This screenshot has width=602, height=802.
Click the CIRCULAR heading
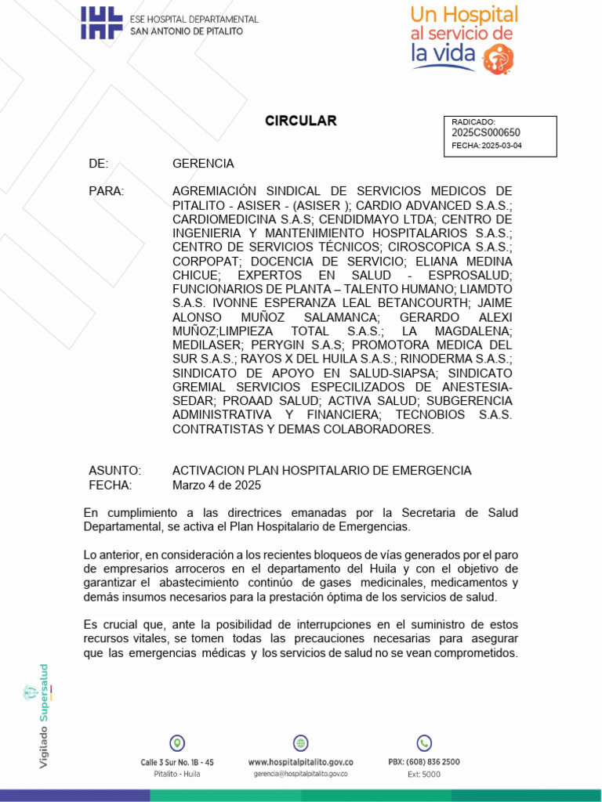300,121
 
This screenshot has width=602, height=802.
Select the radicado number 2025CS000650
486,133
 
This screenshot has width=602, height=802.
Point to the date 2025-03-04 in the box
502,146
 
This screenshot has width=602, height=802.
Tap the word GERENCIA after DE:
203,164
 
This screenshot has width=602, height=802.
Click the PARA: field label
106,191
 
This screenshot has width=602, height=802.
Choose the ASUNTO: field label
114,471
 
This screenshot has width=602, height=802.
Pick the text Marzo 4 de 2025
216,485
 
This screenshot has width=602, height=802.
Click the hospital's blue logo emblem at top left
102,23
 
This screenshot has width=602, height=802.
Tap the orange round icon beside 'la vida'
499,58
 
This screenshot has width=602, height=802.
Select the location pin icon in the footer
177,743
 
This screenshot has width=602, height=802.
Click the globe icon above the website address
300,743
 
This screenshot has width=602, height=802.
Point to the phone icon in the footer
424,743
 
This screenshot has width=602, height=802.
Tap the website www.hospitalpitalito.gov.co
300,761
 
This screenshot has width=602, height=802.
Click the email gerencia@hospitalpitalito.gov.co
300,774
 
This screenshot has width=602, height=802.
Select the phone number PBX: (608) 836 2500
424,761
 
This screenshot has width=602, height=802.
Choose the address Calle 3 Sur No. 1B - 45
177,761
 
